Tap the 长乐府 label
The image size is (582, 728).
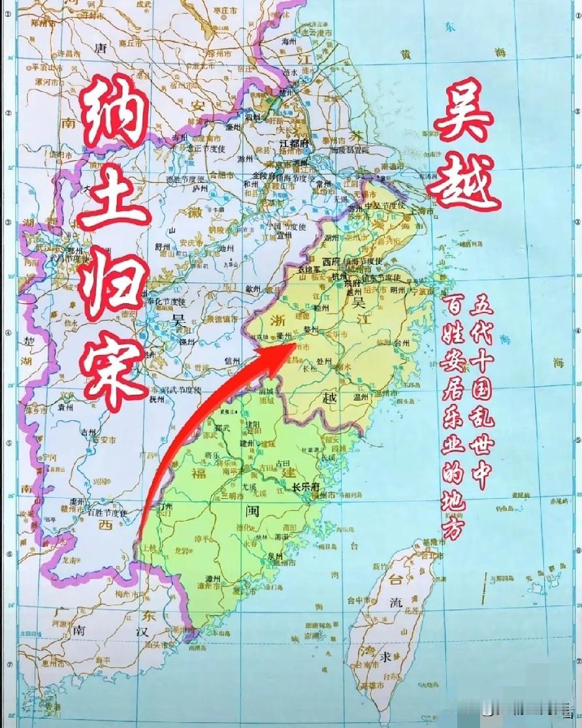304,486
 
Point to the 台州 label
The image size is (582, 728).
401,342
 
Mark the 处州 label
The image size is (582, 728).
325,361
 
